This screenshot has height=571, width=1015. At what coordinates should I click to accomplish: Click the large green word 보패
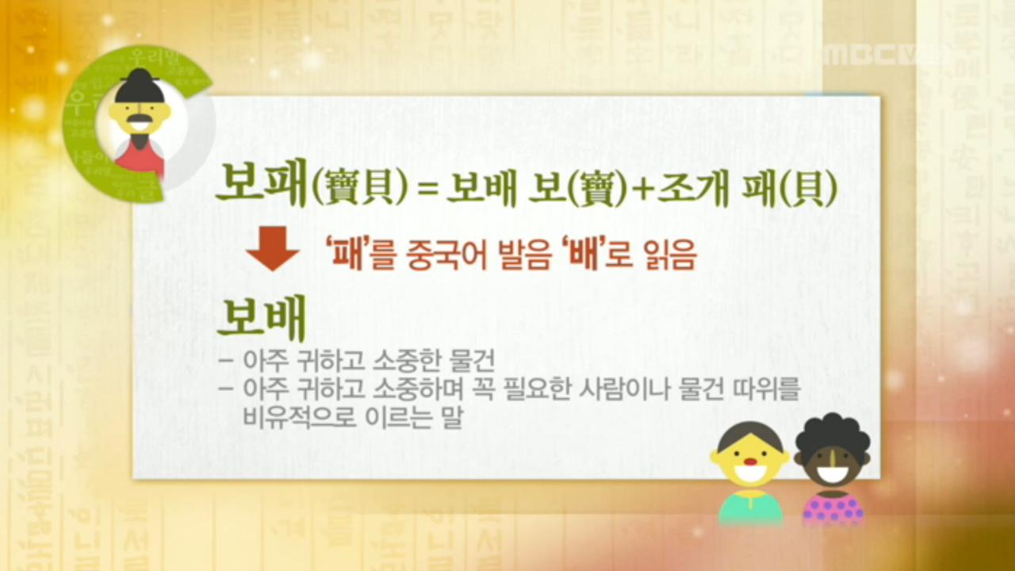click(x=261, y=186)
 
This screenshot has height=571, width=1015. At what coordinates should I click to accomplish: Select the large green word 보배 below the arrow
click(x=261, y=319)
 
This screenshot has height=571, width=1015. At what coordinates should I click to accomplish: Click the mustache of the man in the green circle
click(x=140, y=122)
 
